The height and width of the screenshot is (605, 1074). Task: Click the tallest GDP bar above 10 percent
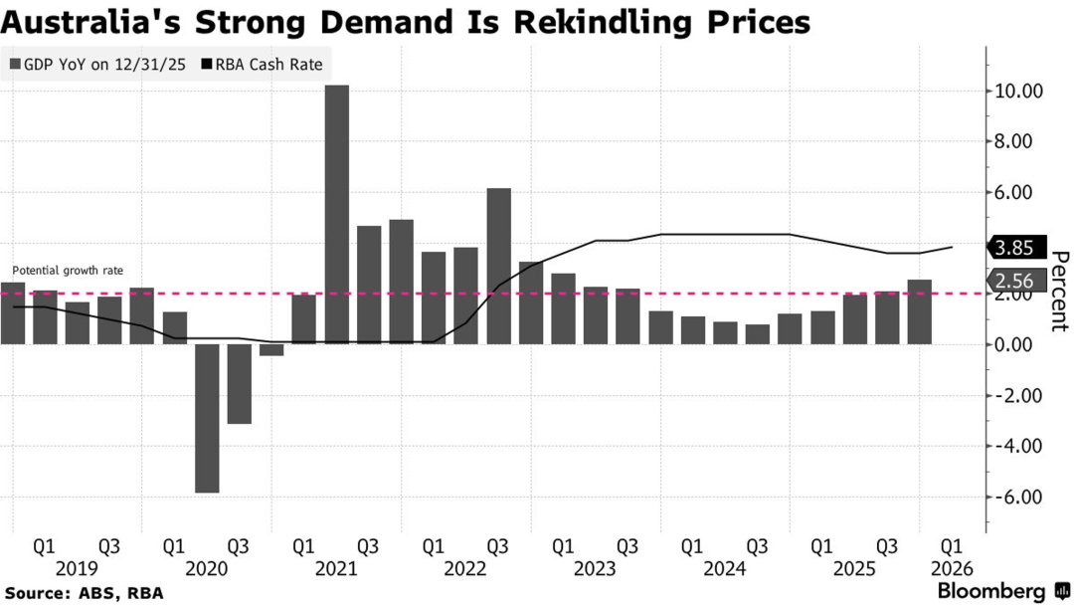337,214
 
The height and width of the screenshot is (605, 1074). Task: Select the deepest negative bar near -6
207,418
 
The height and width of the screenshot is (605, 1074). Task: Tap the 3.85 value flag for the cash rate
1013,248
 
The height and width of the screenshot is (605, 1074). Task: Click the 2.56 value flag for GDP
1013,281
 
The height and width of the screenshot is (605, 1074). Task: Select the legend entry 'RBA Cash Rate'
262,66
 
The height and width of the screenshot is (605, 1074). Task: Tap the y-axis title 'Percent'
1058,291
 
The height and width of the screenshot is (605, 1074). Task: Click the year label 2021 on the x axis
336,568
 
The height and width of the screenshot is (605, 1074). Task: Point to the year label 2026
952,568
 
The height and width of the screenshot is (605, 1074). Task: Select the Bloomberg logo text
990,591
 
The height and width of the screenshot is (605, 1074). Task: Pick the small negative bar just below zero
271,349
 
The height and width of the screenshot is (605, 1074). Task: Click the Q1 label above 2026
952,546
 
